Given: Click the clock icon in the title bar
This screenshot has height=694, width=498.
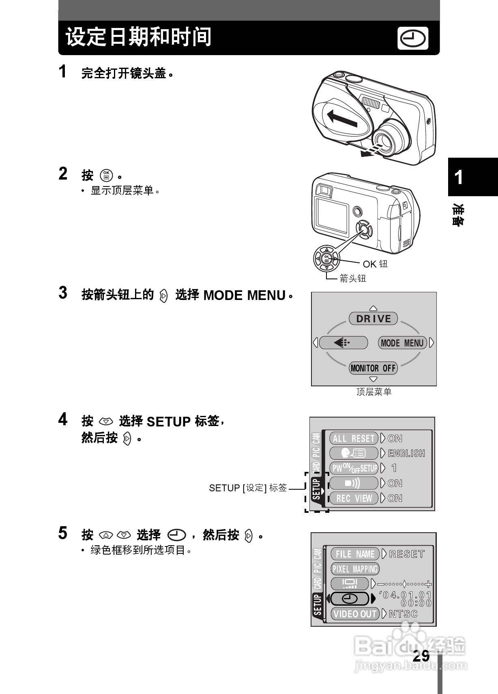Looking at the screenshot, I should coord(413,39).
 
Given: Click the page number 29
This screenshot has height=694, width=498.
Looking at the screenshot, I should coord(421,656).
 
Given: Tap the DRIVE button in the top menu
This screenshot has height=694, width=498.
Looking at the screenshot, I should coord(373,319).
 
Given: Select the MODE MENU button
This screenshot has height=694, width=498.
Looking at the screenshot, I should coord(402,343).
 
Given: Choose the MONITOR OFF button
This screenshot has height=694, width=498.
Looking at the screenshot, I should coord(373,368).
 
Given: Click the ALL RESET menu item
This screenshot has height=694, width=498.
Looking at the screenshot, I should coord(353,439).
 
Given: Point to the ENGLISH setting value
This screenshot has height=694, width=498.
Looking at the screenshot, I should coord(406,453).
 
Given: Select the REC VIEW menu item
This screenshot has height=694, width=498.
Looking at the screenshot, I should coord(353,498).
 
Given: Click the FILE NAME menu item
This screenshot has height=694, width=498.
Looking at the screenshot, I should coord(355,554).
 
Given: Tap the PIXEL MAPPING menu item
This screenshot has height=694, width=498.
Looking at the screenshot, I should coord(355,569).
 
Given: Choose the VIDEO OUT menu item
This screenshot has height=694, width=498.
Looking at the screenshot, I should coord(355,614).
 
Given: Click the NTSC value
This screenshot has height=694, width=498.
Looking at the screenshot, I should coord(403,614).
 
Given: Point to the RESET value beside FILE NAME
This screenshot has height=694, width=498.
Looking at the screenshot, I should coord(407,554).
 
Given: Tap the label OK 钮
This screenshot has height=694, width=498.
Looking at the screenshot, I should coord(375,264).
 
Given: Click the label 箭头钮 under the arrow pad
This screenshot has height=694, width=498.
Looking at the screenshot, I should coord(352,278).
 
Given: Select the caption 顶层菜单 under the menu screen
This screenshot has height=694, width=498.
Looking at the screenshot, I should coord(373,392).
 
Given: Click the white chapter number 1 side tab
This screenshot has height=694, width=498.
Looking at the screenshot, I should coord(459,178).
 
